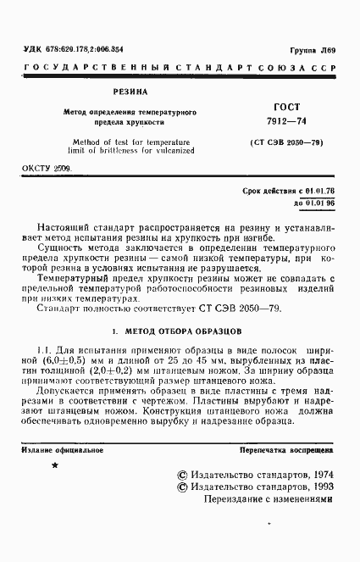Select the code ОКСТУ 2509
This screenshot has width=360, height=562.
[47, 169]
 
